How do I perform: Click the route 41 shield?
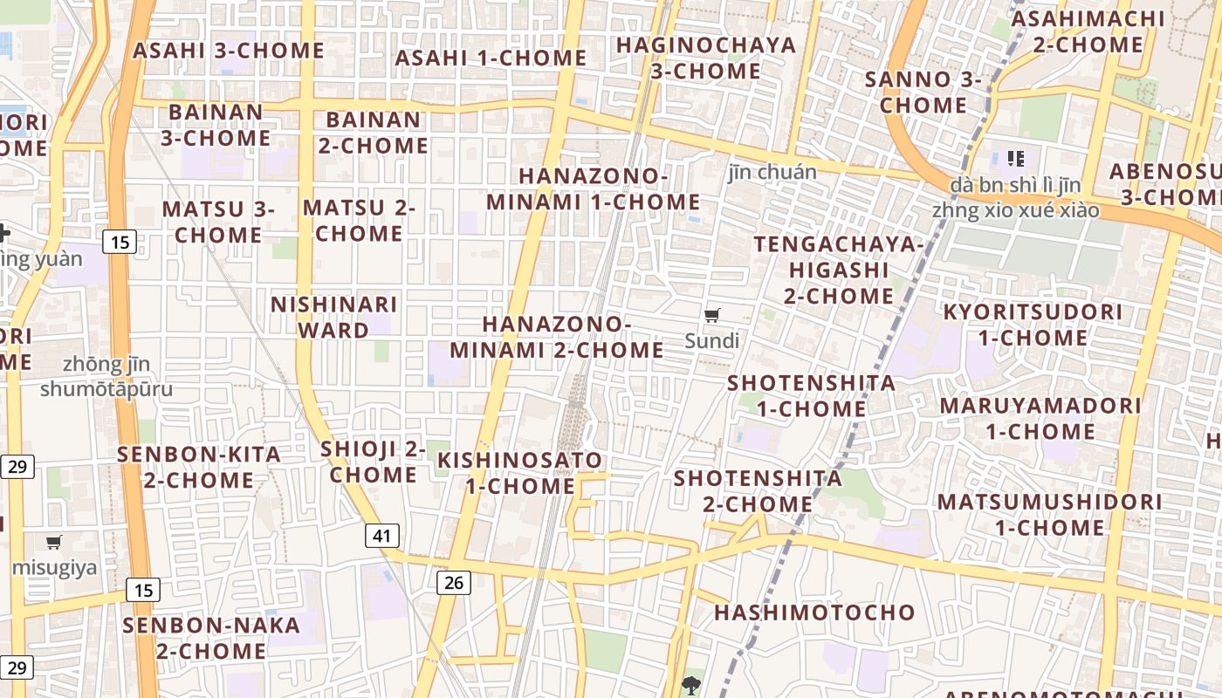pos(381,535)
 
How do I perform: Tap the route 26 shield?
pos(453,582)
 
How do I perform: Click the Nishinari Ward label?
pos(334,318)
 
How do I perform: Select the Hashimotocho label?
pos(814,612)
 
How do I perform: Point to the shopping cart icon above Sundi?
pos(712,315)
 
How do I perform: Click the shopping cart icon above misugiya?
pos(54,543)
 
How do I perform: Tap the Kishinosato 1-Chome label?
pos(520,473)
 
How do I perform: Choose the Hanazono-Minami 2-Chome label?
pos(557,337)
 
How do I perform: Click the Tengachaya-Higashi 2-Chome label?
pos(838,270)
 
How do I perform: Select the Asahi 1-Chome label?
pos(491,58)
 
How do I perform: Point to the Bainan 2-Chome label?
pos(374,133)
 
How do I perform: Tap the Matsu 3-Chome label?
pos(218,222)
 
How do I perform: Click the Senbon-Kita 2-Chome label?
pos(199,467)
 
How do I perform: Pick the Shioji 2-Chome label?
pos(374,462)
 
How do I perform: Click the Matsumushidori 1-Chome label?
pos(1050,515)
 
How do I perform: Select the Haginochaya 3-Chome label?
pos(706,58)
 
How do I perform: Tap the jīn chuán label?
pos(772,172)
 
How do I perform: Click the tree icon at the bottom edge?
pos(691,685)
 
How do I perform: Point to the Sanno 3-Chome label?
pos(923,92)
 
